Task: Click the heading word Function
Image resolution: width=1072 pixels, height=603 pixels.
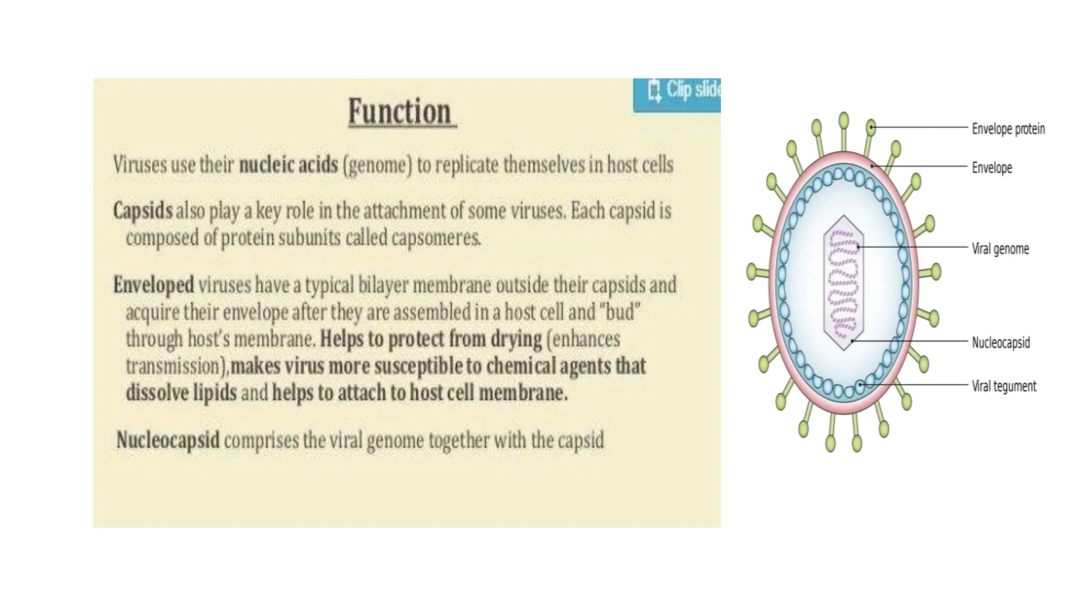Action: click(x=400, y=111)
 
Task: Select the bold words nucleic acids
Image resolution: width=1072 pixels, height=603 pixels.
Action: click(x=288, y=165)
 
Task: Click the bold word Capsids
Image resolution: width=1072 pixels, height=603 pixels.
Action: click(x=142, y=211)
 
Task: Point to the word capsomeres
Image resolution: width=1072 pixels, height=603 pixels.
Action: click(x=435, y=238)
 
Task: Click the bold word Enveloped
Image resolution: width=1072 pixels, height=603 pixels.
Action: click(x=153, y=285)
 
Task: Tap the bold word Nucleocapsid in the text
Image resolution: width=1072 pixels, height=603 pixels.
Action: click(x=167, y=440)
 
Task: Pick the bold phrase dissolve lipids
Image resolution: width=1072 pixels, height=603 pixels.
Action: click(x=181, y=393)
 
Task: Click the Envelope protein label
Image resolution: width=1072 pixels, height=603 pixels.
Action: click(x=1008, y=129)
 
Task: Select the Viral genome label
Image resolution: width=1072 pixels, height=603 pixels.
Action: click(x=1000, y=249)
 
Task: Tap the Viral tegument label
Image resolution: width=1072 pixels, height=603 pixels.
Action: click(x=1003, y=386)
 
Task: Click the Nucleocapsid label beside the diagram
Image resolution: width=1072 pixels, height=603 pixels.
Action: click(x=1000, y=343)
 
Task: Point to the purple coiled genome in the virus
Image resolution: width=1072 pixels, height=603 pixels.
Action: click(x=843, y=283)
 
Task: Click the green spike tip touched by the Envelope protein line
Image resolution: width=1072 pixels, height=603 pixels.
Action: click(x=871, y=127)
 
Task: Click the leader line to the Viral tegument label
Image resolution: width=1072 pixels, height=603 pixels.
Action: click(x=916, y=385)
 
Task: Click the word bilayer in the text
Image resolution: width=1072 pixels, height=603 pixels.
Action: click(x=383, y=285)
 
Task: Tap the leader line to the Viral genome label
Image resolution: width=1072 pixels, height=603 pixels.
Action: click(x=916, y=247)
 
